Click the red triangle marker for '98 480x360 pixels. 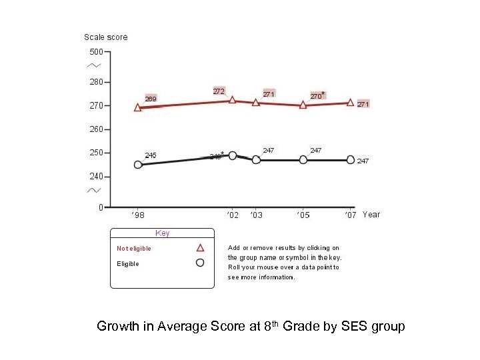(137, 107)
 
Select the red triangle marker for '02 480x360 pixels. (232, 99)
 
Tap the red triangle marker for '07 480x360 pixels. (350, 102)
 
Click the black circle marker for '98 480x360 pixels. (138, 165)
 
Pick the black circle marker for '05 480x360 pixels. (303, 159)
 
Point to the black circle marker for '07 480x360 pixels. (351, 159)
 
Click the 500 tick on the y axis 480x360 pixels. (96, 52)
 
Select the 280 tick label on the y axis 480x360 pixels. (96, 82)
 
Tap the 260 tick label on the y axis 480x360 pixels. (96, 129)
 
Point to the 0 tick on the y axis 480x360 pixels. (101, 207)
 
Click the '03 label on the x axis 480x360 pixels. (256, 215)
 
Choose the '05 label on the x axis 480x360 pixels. (303, 215)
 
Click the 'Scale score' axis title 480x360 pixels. (105, 37)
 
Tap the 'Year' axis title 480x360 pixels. (371, 215)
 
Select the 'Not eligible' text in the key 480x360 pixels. (134, 249)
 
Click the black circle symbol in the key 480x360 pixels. (199, 263)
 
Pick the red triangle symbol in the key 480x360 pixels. (199, 247)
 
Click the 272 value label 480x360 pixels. (219, 91)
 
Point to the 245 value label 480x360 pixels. (151, 155)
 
